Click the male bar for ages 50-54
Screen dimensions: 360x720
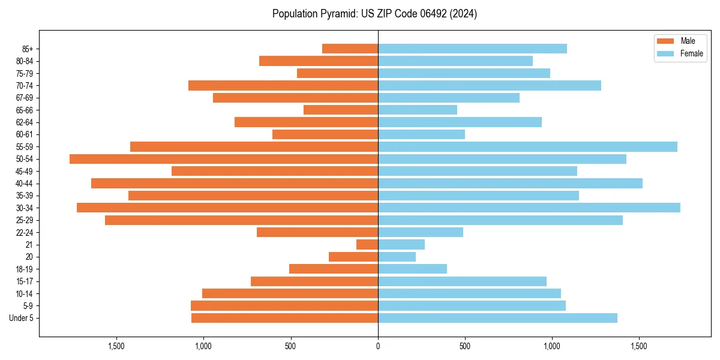coord(224,159)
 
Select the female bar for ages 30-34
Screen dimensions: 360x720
coord(529,208)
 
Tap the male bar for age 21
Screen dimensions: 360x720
coord(367,245)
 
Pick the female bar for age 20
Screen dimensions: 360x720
coord(397,257)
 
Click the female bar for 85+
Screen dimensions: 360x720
coord(472,49)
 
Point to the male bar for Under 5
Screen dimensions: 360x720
coord(284,318)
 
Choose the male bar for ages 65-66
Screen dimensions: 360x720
coord(341,110)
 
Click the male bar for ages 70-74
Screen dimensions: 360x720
coord(283,86)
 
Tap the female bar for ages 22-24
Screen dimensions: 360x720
coord(421,232)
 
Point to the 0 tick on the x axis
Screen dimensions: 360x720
coord(378,346)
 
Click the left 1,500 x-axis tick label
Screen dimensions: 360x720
coord(116,346)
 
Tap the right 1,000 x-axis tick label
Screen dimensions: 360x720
coord(552,346)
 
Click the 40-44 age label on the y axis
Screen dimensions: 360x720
coord(25,184)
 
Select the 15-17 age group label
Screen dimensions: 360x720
coord(25,281)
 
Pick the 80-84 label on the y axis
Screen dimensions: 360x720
coord(25,61)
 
